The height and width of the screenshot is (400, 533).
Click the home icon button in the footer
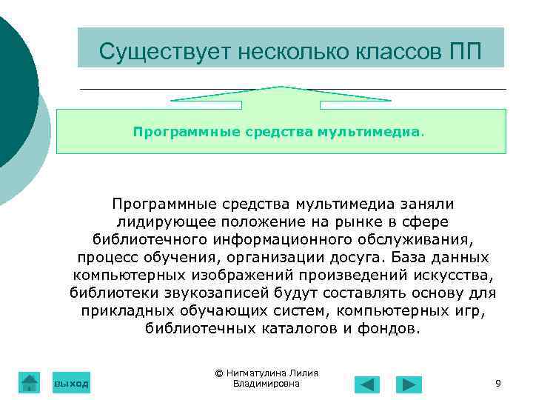pos(29,382)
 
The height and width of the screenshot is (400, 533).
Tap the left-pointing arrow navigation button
pos(367,384)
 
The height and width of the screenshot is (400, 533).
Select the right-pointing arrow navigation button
pos(409,384)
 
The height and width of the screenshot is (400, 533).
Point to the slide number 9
pos(497,383)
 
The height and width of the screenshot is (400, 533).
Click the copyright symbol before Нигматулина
pos(219,373)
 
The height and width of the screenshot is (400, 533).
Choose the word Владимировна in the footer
pos(266,384)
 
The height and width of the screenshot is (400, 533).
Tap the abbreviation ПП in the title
pos(464,52)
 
